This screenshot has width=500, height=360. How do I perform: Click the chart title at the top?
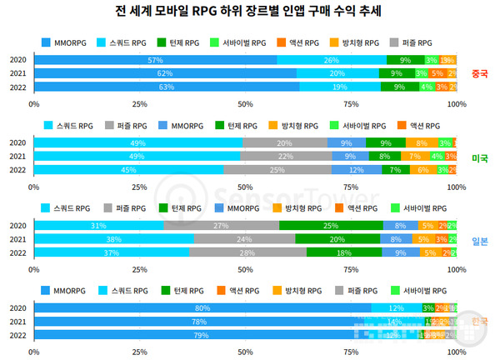click(x=251, y=12)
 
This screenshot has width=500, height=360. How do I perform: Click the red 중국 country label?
click(x=478, y=73)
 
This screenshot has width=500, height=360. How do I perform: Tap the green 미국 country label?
click(x=478, y=157)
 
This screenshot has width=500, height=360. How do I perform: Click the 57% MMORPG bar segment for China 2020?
click(x=155, y=60)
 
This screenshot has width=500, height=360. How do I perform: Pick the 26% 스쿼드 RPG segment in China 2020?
click(x=332, y=60)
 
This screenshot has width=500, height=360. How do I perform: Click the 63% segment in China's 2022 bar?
click(x=167, y=87)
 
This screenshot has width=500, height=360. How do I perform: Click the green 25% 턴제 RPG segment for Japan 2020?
click(x=332, y=226)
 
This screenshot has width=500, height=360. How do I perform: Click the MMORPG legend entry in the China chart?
click(x=66, y=42)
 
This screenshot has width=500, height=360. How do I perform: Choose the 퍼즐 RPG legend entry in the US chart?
click(x=124, y=125)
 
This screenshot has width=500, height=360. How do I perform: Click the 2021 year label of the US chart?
click(x=18, y=156)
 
